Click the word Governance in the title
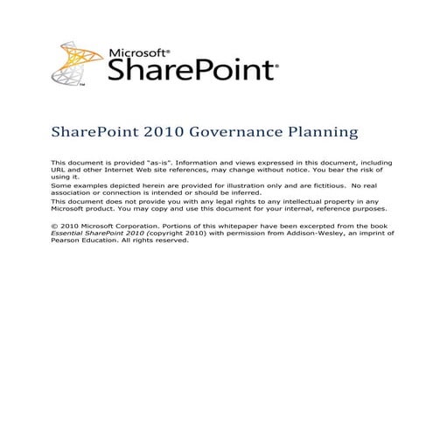pyautogui.click(x=244, y=133)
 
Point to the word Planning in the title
pyautogui.click(x=326, y=133)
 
